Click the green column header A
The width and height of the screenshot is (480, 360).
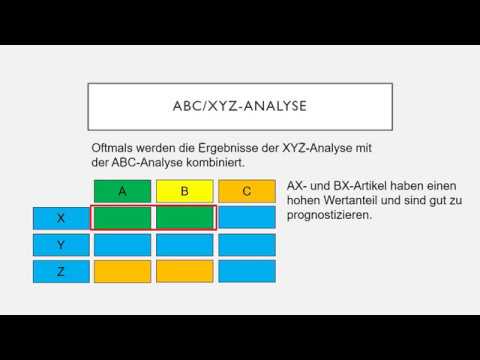point(122,190)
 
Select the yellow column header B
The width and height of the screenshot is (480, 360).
point(184,190)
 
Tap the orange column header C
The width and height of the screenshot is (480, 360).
point(247,190)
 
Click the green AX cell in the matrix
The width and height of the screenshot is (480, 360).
point(122,217)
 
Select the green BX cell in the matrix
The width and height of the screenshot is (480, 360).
point(184,217)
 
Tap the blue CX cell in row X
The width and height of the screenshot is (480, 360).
point(247,217)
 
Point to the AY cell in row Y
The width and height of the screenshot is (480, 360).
point(122,244)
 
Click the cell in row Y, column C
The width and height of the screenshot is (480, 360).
point(247,244)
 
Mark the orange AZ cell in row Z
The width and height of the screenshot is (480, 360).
point(122,270)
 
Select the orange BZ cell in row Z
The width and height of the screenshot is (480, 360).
point(184,270)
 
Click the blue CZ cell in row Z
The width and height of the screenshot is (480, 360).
point(247,270)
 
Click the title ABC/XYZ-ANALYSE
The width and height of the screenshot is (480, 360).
point(239,105)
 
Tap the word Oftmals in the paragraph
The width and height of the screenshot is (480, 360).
point(115,148)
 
